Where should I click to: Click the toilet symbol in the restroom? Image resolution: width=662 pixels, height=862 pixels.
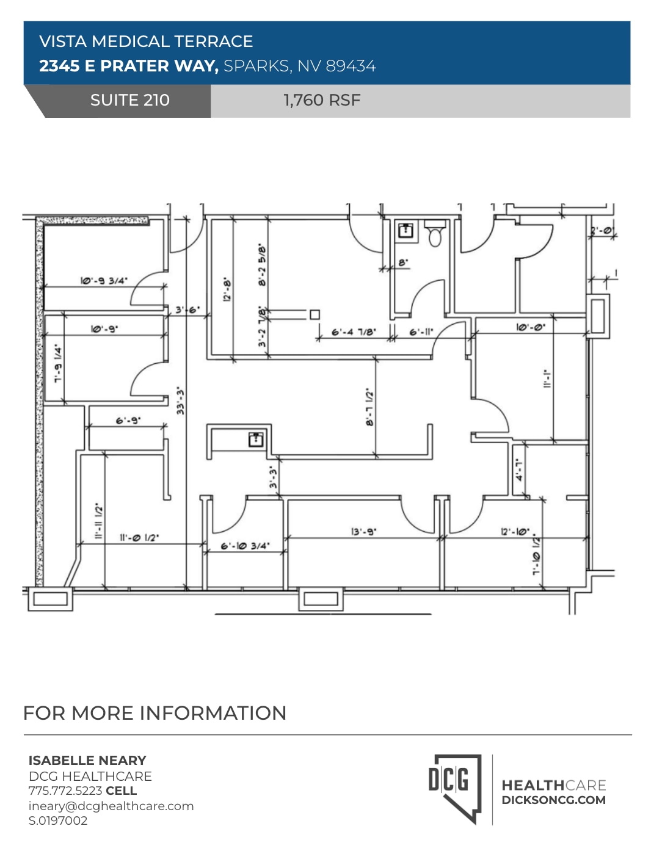435,234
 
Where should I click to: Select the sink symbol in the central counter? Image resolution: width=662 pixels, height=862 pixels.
256,438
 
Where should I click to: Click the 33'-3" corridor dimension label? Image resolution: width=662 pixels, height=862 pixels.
180,400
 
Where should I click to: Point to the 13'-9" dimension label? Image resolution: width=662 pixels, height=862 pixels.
363,531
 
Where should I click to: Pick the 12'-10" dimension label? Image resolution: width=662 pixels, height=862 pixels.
515,531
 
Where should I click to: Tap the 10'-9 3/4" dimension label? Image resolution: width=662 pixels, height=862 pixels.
104,280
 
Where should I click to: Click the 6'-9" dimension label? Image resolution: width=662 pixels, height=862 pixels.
128,420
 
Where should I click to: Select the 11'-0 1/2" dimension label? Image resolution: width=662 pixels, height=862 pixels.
139,537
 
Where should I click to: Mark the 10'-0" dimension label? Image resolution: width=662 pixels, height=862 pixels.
530,327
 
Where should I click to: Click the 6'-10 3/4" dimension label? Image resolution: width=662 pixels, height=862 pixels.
244,545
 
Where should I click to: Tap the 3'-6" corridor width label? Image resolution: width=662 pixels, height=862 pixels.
187,310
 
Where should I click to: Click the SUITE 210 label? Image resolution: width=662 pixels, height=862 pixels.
129,100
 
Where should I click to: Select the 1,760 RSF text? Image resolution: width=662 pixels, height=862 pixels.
322,100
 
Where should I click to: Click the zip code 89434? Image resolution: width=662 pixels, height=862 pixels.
351,66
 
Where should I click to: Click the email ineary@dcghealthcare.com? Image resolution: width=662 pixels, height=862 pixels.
111,806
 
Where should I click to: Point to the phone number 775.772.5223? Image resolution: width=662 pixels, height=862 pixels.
65,791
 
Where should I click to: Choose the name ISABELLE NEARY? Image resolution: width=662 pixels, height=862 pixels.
87,760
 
